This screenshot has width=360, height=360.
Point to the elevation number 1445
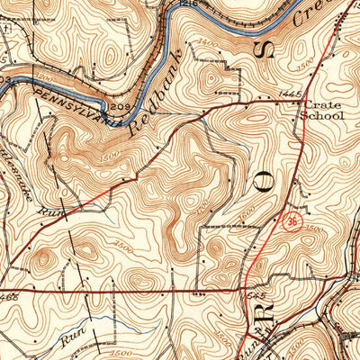click(289, 94)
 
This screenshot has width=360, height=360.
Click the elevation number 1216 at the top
click(187, 4)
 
